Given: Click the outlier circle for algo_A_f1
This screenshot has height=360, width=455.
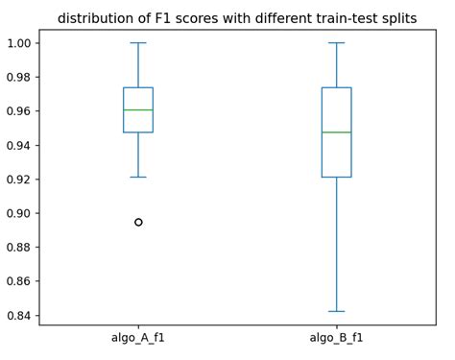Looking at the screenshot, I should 138,222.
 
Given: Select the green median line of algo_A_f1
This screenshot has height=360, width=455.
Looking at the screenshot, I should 138,109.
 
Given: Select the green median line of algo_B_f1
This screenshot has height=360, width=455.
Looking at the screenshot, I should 336,132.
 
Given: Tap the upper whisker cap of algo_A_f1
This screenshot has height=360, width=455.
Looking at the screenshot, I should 138,42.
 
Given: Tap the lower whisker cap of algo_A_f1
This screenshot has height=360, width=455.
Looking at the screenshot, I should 138,177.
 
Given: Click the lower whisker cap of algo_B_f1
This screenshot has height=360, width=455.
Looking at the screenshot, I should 336,311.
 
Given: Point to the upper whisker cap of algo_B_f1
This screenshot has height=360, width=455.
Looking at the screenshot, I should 336,42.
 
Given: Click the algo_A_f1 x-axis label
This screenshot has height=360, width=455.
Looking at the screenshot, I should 138,338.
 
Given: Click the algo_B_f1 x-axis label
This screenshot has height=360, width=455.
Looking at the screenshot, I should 336,338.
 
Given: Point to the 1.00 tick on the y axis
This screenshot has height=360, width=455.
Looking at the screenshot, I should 19,43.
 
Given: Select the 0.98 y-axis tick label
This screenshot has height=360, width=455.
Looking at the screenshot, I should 19,77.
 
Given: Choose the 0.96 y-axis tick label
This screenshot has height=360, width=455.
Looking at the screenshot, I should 19,111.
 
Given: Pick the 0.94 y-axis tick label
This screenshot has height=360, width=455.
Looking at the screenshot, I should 19,145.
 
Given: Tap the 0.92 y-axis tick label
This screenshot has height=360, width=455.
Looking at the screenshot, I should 19,180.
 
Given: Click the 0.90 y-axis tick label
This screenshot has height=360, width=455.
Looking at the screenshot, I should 19,213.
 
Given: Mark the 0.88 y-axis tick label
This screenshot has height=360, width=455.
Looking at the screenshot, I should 19,248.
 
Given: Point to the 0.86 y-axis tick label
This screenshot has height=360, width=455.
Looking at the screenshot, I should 19,281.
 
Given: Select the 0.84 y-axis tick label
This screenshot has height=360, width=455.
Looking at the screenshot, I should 19,316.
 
